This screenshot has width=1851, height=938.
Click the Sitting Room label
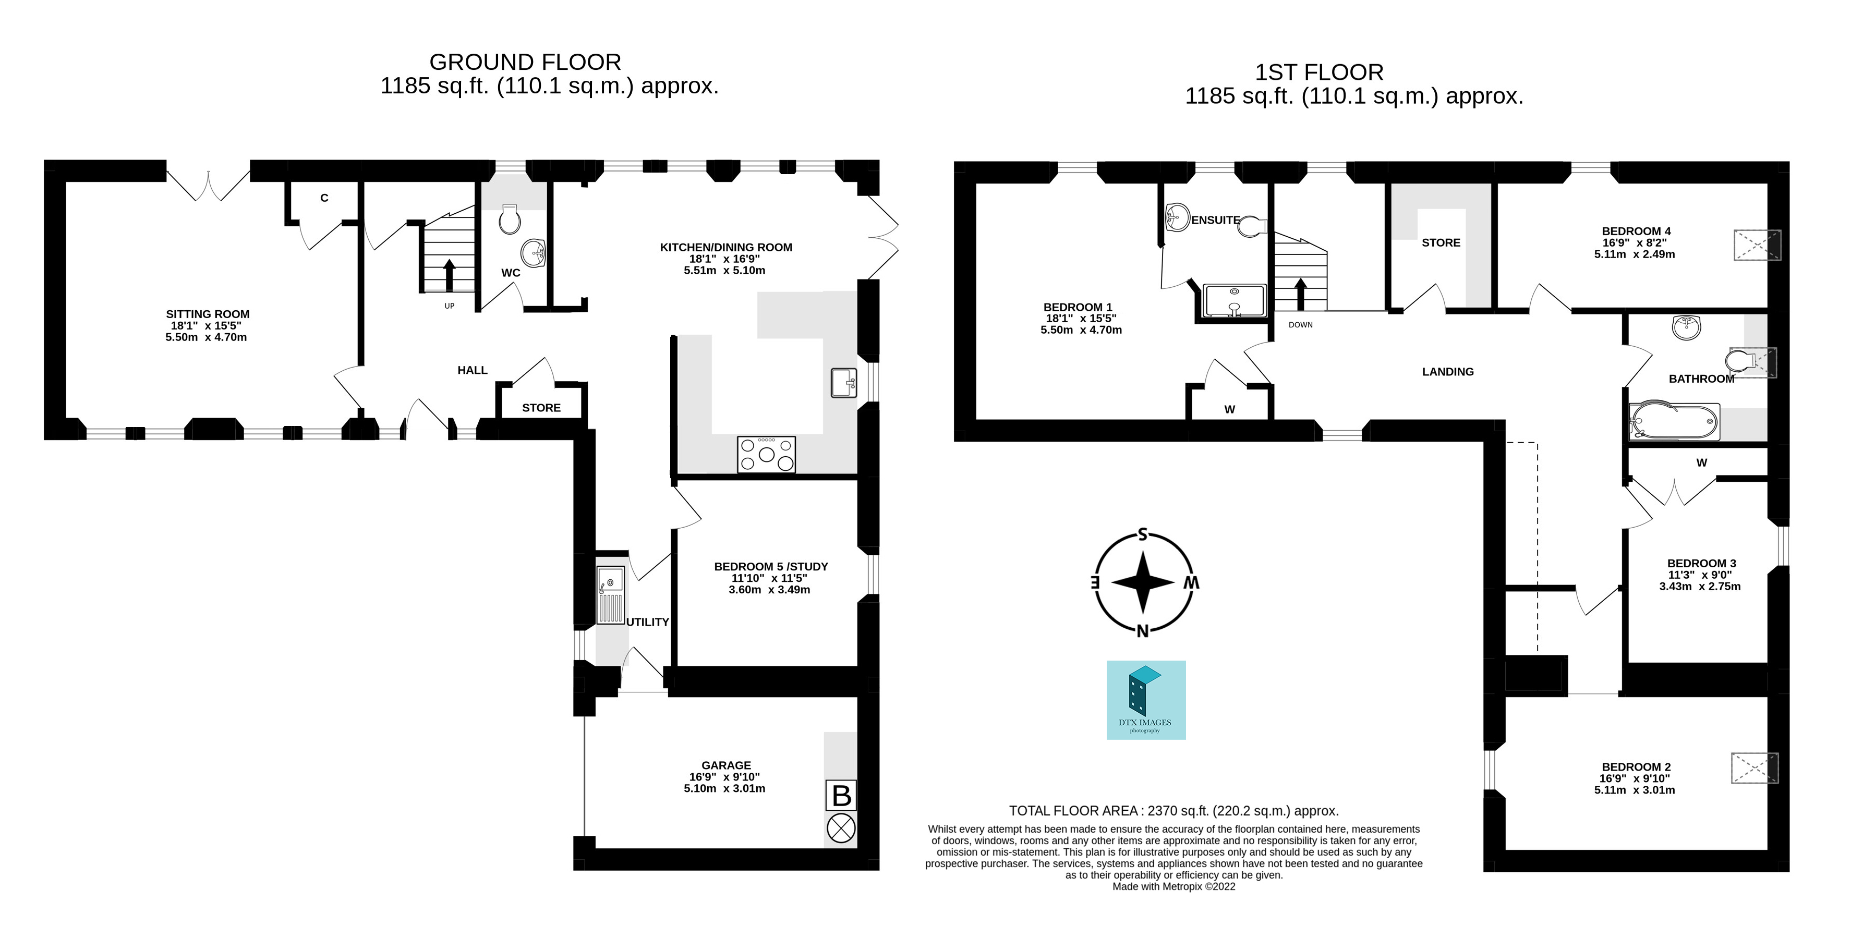point(208,314)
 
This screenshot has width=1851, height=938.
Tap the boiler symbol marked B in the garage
point(841,796)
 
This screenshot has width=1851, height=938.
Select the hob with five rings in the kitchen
point(767,454)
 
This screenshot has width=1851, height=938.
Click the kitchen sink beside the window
point(843,383)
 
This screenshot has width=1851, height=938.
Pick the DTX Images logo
point(1145,700)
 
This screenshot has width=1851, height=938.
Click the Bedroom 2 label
point(1635,766)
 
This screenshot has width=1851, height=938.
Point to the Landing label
point(1447,371)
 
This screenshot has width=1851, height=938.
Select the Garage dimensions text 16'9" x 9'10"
point(724,776)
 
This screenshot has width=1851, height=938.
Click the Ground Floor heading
point(525,62)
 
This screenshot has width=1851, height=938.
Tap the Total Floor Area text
point(1173,811)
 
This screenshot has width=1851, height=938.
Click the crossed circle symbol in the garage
point(841,829)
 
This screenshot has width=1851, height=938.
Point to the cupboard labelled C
point(324,198)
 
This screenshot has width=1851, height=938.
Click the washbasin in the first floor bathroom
point(1686,327)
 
